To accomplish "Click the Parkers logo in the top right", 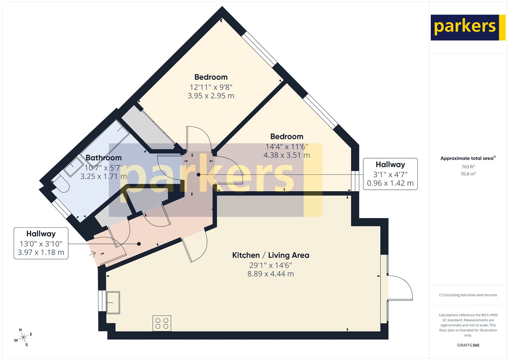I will point(468,27).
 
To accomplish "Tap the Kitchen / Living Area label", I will point(270,255).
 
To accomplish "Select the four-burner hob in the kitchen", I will point(162,323).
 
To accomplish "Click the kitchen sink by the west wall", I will point(113,302).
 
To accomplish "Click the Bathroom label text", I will point(104,158).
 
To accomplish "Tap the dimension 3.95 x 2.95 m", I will point(211,96).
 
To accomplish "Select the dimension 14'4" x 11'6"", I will point(287,147).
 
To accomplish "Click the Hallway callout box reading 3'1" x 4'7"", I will point(390,174).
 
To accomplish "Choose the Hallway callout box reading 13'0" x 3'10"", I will point(41,243).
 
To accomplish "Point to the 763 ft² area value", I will point(468,167).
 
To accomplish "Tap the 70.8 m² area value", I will point(468,174).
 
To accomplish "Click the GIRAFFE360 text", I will point(468,345).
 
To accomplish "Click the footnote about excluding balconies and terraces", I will point(468,295).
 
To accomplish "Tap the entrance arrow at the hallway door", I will point(92,254).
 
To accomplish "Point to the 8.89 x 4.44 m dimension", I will point(270,274).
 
